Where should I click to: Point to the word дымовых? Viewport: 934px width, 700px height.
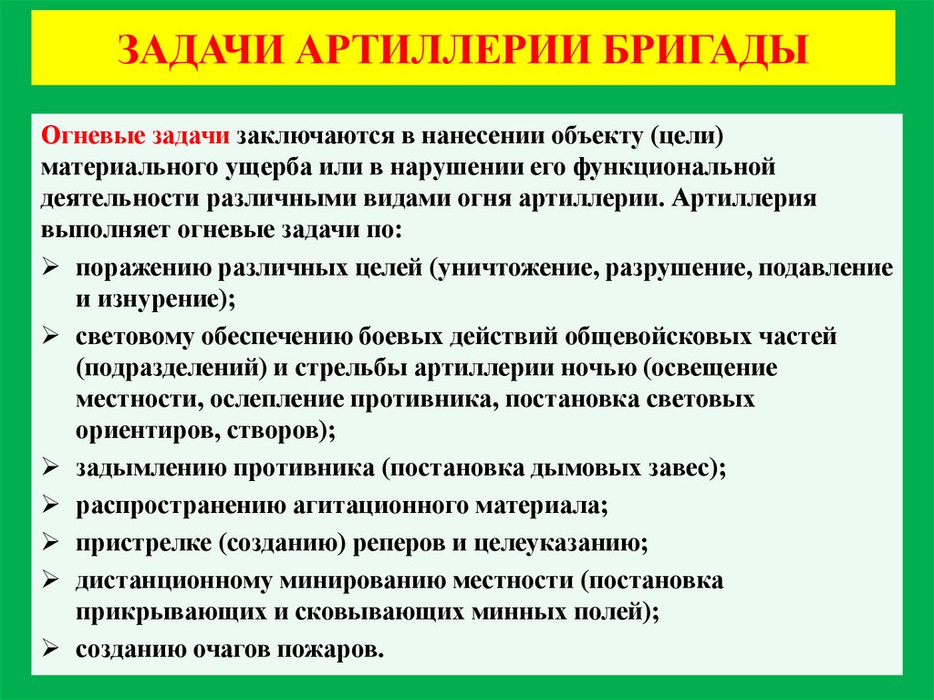[573, 469]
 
